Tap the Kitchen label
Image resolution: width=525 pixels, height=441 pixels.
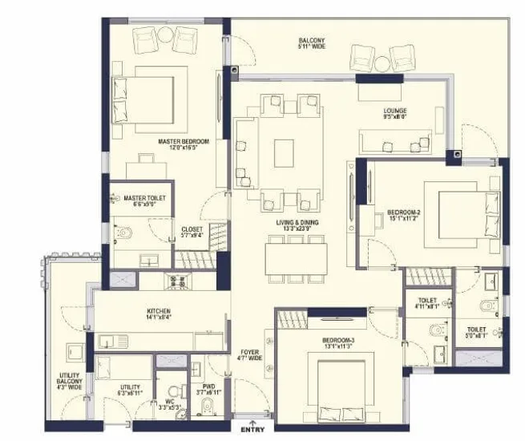tap(158, 314)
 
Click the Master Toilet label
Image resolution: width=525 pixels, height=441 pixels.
tap(143, 200)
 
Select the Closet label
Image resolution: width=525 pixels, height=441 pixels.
tap(192, 232)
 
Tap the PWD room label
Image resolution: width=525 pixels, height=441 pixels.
tap(208, 390)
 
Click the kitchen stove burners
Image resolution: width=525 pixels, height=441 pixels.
tap(176, 281)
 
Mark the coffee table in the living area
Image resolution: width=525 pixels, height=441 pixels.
tap(284, 152)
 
